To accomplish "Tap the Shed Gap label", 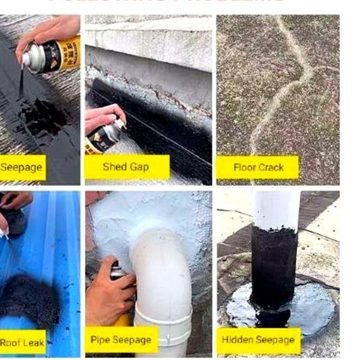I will (126, 167).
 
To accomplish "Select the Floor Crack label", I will (257, 167).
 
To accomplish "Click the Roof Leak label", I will (22, 343).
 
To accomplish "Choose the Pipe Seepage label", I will (121, 340).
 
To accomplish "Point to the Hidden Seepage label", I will (259, 340).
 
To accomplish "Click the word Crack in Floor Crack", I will (271, 167).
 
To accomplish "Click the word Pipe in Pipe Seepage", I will (100, 340).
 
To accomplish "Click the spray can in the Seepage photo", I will (51, 55).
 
